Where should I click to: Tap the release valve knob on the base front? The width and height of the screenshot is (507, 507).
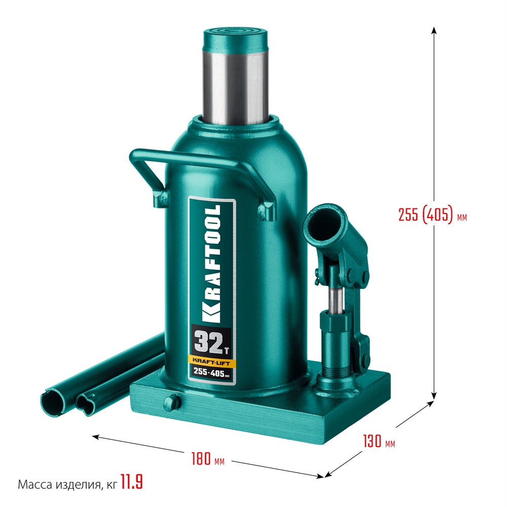pyautogui.click(x=172, y=401)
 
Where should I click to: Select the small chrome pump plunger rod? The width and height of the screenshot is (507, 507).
pyautogui.click(x=334, y=299)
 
